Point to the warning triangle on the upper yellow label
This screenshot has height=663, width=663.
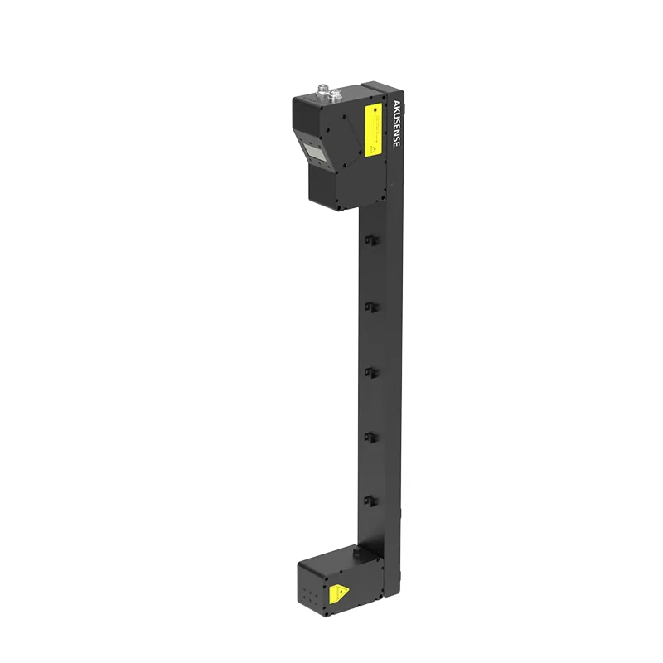[x=372, y=148]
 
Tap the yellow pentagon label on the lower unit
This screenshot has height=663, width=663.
[x=338, y=594]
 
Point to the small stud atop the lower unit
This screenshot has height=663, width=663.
[x=358, y=549]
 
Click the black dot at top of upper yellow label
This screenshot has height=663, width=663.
[x=371, y=111]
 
